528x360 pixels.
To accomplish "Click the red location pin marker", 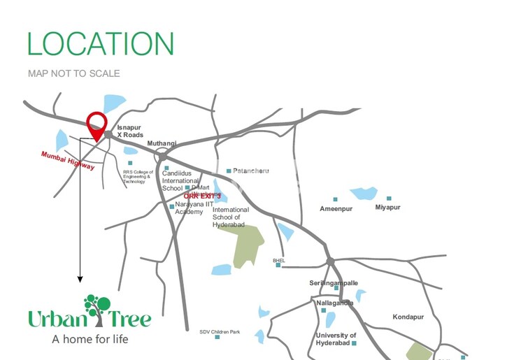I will [x=97, y=125].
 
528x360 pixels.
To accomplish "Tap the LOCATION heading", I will [x=100, y=43].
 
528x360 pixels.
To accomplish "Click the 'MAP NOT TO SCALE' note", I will [x=74, y=73].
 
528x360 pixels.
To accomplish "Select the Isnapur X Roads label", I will [x=129, y=131].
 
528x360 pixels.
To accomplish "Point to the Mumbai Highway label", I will [x=67, y=161].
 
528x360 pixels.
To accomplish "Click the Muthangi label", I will [x=162, y=143].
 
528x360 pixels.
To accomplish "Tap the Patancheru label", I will [x=250, y=171].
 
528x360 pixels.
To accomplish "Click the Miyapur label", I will [x=389, y=208].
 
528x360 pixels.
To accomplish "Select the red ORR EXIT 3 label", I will [x=202, y=196].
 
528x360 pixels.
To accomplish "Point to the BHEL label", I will [x=279, y=260].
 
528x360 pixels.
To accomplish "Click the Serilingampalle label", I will [x=334, y=283].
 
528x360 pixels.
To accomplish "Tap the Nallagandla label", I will [x=335, y=303].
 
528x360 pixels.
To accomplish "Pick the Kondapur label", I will [x=409, y=316].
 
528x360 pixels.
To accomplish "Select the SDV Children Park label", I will [x=220, y=332].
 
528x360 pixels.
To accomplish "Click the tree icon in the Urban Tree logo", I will [x=97, y=309].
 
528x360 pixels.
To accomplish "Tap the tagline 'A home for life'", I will [x=90, y=340].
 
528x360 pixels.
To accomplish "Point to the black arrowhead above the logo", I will [x=80, y=279].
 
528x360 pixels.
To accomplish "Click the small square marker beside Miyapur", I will [x=389, y=199].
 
